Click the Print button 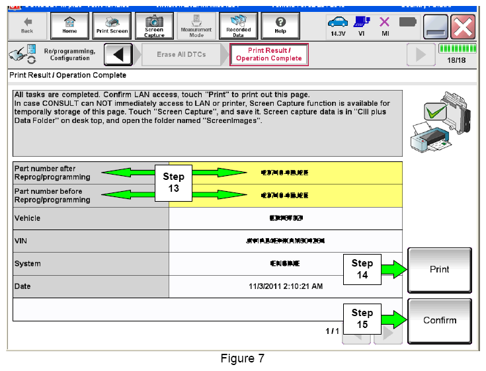[x=440, y=270]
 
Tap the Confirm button [x=440, y=321]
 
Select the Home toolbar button [x=69, y=25]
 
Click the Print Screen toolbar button [x=112, y=25]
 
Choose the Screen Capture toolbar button [x=154, y=25]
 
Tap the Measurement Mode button [x=196, y=25]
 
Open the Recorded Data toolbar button [x=238, y=25]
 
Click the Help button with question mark [x=280, y=25]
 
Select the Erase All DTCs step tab [x=181, y=54]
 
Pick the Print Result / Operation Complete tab [x=270, y=54]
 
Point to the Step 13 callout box [x=173, y=183]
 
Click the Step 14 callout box [x=362, y=269]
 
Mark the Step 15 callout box [x=362, y=319]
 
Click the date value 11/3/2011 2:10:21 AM [x=286, y=286]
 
